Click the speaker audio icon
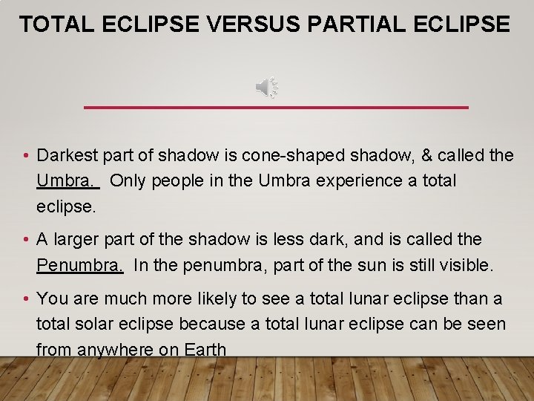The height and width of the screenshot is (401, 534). point(267,88)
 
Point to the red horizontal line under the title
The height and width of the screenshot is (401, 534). point(276,108)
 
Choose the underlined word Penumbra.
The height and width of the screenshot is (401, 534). point(79,265)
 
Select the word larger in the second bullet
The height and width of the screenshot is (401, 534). point(79,240)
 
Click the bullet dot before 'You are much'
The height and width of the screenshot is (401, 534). point(26,299)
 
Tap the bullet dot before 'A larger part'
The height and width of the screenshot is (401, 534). point(26,240)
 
